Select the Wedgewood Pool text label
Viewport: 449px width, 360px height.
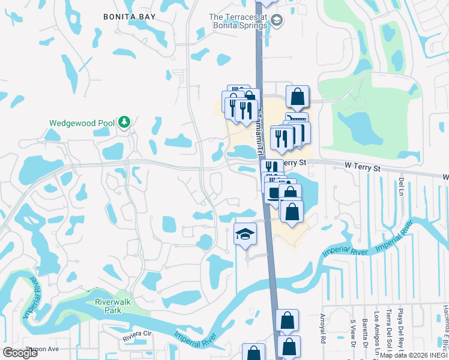pos(82,123)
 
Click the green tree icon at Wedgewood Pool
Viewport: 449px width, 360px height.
pos(124,122)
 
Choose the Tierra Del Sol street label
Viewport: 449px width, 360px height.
pos(389,330)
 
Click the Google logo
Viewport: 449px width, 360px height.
pos(20,353)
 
